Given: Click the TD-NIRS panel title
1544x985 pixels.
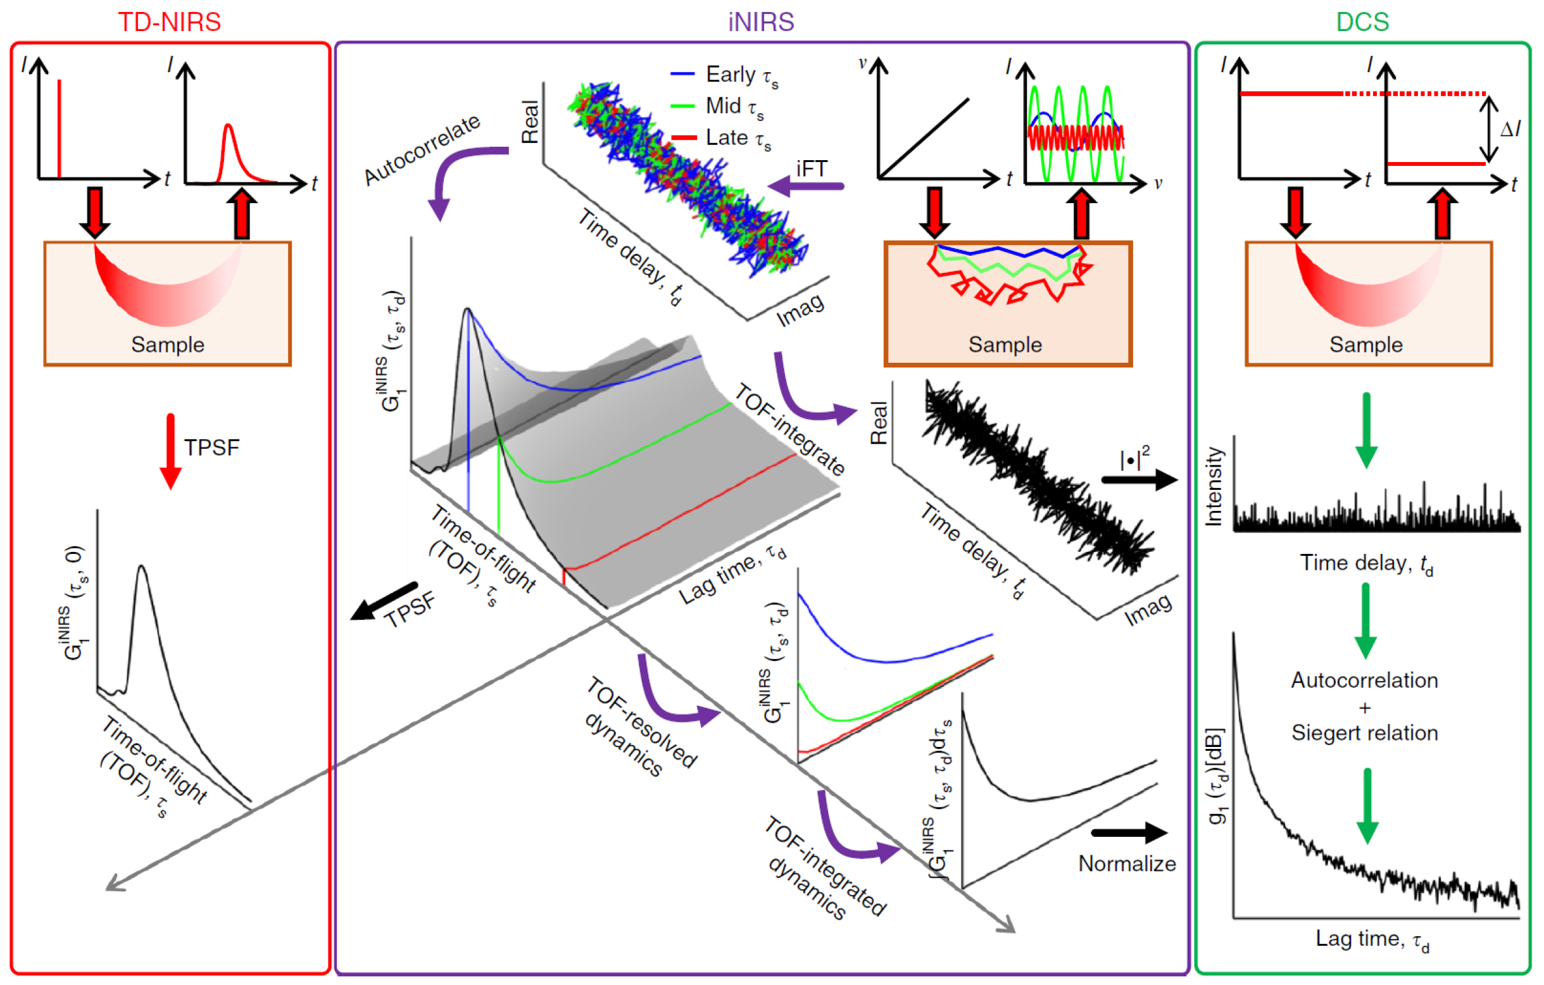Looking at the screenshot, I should click(169, 22).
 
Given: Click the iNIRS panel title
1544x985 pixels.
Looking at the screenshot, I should click(760, 22).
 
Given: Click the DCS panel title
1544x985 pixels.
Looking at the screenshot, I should click(1362, 22).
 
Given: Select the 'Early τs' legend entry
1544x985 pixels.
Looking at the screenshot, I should click(741, 75).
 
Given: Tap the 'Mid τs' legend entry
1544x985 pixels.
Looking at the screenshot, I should click(734, 106).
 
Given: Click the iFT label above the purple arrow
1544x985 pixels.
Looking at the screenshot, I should click(811, 168).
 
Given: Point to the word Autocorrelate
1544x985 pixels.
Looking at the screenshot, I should click(422, 149).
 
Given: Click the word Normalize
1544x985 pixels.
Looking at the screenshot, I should click(1127, 863).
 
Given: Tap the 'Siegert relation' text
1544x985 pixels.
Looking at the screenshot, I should click(1364, 732).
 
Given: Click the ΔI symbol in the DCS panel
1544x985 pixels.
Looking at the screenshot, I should click(1510, 130).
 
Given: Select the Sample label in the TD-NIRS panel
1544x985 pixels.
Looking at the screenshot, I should click(167, 344).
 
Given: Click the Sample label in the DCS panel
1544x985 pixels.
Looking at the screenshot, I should click(1365, 344).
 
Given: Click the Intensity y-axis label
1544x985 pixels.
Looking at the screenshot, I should click(1214, 486).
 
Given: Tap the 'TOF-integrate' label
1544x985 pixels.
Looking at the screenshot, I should click(789, 429).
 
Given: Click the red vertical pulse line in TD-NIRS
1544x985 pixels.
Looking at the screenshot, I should click(59, 129).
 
